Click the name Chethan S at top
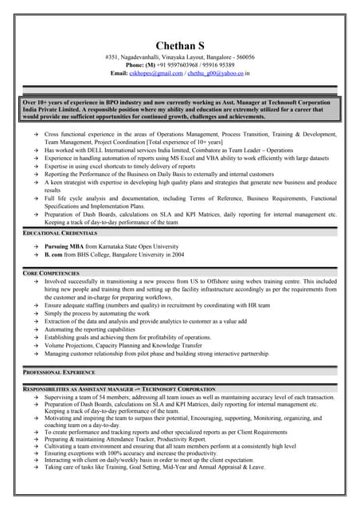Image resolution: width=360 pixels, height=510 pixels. pyautogui.click(x=179, y=45)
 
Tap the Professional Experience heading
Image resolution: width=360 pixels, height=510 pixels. pyautogui.click(x=61, y=372)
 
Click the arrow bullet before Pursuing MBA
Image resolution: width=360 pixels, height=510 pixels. pyautogui.click(x=36, y=247)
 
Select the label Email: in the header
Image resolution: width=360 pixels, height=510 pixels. pyautogui.click(x=119, y=73)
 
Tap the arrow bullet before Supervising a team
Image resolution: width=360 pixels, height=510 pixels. pyautogui.click(x=36, y=396)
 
